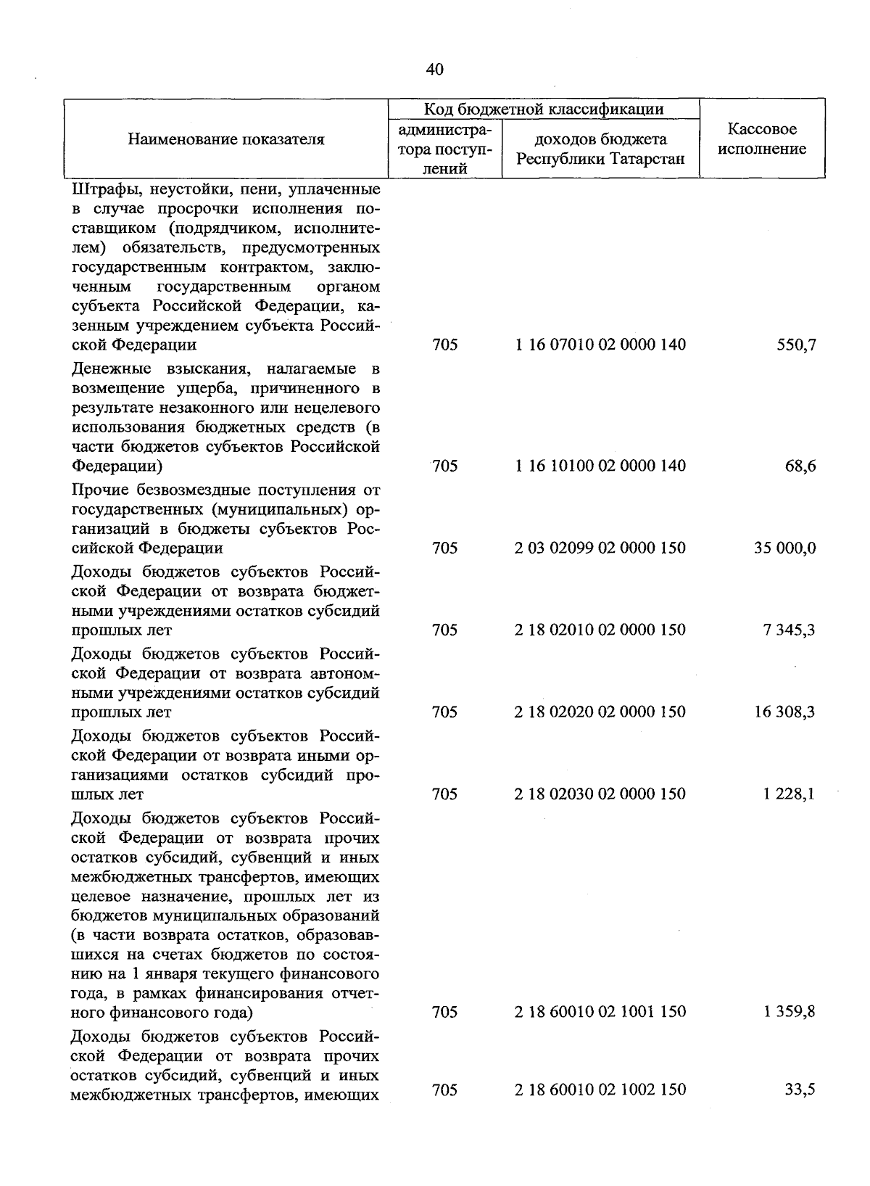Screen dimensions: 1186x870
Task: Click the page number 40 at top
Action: click(x=435, y=70)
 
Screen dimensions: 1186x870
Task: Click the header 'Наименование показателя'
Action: click(x=226, y=139)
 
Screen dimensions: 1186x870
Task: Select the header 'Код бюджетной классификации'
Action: click(x=544, y=110)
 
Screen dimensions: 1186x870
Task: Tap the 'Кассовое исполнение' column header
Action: click(x=762, y=139)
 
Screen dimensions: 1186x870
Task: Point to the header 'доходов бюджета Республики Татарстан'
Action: click(x=600, y=149)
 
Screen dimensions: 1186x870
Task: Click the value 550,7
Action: click(x=796, y=345)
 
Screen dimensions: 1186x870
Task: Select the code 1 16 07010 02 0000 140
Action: click(x=600, y=345)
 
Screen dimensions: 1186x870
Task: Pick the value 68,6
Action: click(x=800, y=466)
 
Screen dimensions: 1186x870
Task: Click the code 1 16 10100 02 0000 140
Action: click(x=600, y=466)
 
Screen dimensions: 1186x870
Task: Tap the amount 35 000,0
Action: click(x=785, y=548)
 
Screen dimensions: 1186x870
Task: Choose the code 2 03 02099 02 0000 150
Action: click(x=600, y=548)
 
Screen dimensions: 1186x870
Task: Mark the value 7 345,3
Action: click(x=789, y=630)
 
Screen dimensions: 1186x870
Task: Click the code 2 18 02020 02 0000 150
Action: click(x=600, y=712)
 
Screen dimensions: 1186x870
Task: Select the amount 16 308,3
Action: click(x=785, y=712)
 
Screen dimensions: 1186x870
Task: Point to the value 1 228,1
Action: click(x=789, y=794)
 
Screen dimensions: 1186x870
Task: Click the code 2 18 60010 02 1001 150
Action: click(x=600, y=1011)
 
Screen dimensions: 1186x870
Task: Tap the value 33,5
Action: click(x=800, y=1090)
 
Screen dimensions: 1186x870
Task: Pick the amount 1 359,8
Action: click(x=789, y=1011)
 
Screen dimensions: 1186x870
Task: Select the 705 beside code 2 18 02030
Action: click(x=444, y=794)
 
